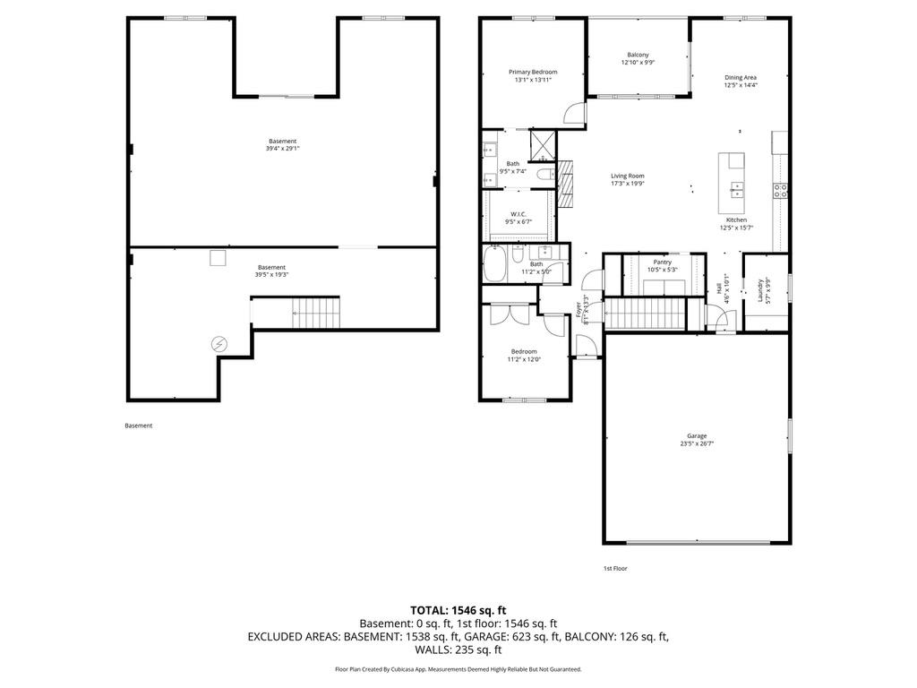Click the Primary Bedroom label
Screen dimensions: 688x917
(x=533, y=72)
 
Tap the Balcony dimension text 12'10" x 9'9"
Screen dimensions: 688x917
(x=638, y=63)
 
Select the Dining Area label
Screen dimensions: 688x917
(x=741, y=77)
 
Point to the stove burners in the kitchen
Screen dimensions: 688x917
(x=780, y=189)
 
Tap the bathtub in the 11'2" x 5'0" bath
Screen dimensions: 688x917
(x=494, y=265)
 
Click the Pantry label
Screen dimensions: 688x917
(x=662, y=262)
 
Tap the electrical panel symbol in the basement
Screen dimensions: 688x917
(x=219, y=343)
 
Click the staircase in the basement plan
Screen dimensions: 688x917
(x=317, y=314)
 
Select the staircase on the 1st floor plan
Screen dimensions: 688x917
(x=646, y=315)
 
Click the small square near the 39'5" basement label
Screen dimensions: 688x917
(x=218, y=259)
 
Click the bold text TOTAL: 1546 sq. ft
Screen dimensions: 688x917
(x=458, y=609)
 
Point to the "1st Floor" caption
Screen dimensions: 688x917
(x=615, y=569)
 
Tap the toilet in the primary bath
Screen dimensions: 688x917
(x=541, y=179)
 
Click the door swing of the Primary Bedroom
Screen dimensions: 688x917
(x=575, y=114)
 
